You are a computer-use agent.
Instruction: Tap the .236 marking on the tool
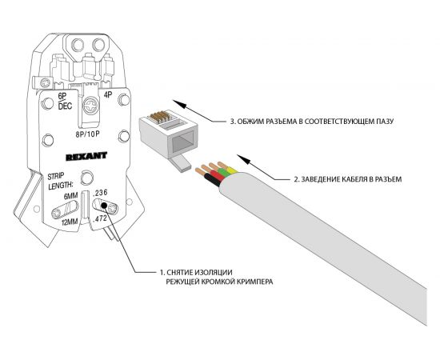pos(101,194)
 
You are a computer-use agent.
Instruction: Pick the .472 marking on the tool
pos(101,218)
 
